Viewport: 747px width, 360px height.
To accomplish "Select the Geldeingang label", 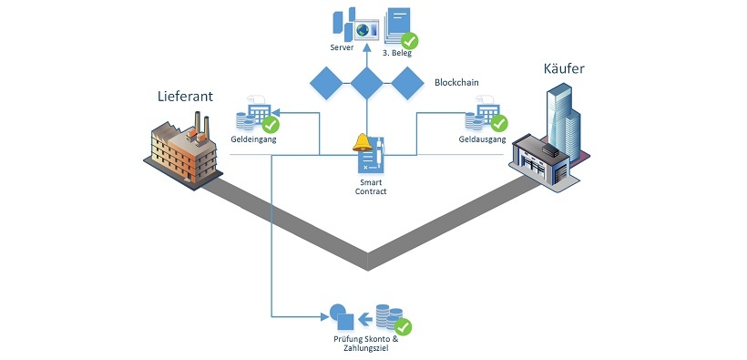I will tap(253, 141).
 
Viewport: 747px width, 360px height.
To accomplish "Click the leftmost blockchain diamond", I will tap(325, 84).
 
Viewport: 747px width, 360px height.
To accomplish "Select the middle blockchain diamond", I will tap(366, 84).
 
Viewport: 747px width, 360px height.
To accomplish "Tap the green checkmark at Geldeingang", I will tap(271, 123).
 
